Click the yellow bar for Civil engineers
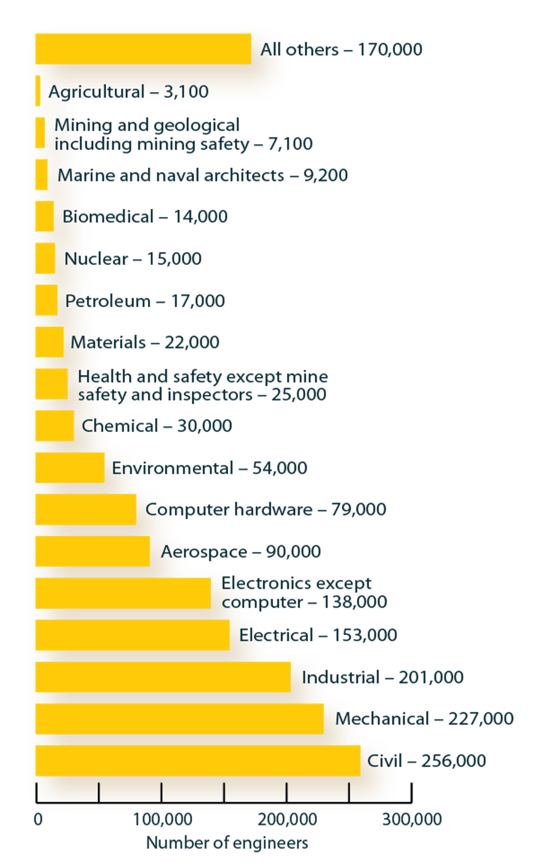click(197, 761)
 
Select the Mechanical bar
click(179, 718)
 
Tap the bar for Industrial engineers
click(163, 677)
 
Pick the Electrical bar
click(132, 635)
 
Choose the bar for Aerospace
click(92, 551)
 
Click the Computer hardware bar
click(85, 510)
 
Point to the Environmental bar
click(70, 468)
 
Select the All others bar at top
click(143, 49)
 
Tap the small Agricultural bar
click(38, 91)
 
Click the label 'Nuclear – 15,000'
click(133, 259)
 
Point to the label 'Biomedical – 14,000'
click(145, 217)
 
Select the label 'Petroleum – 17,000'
click(145, 301)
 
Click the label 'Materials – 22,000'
click(144, 342)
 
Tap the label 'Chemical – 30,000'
click(157, 426)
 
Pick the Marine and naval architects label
click(202, 175)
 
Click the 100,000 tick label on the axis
click(162, 819)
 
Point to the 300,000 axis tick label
click(412, 819)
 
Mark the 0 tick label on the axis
click(38, 819)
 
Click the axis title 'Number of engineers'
click(227, 843)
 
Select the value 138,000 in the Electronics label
click(354, 602)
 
